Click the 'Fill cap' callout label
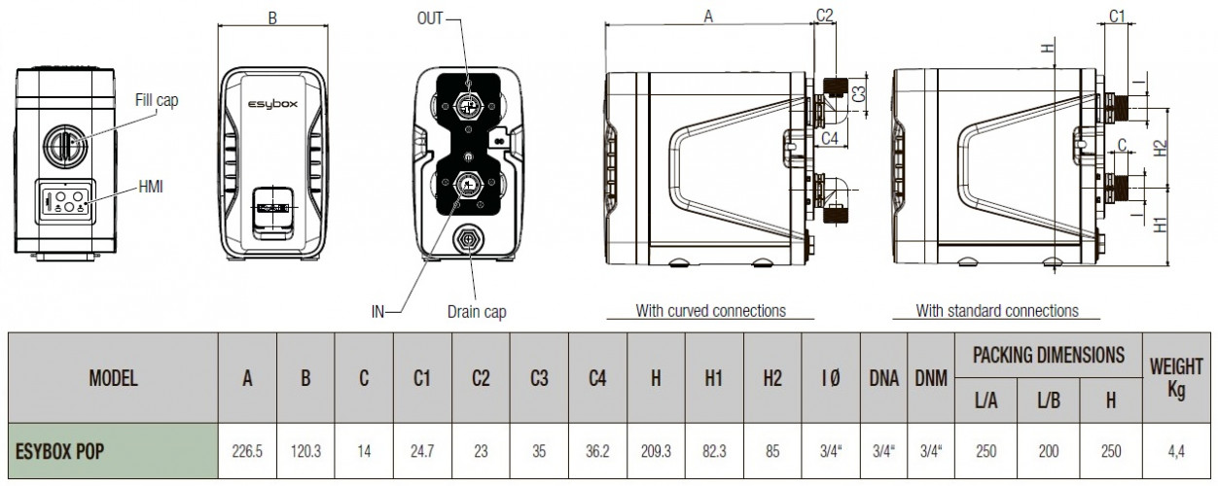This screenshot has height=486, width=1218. pos(157,100)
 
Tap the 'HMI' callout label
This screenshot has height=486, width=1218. pos(151,187)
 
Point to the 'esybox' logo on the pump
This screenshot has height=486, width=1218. pos(273,104)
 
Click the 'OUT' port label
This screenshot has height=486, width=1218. pos(430,18)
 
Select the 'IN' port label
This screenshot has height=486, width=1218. pos(377,312)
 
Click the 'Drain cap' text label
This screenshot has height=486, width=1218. pos(477,312)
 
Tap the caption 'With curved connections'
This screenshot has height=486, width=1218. pos(711,311)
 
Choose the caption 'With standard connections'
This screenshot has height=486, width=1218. pos(997,311)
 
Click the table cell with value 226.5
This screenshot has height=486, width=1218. pos(247,451)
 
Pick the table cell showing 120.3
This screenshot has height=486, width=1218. pos(305,451)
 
